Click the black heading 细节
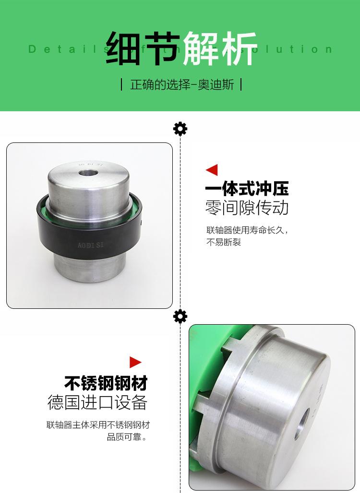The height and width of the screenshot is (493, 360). (x=143, y=49)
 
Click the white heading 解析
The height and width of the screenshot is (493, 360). (x=220, y=49)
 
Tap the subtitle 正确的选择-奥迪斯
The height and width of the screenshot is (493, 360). (x=182, y=85)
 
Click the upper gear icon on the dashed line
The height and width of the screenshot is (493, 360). (x=180, y=129)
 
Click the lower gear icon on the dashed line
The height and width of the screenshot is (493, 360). (x=180, y=317)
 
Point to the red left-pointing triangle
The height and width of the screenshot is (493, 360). (x=211, y=170)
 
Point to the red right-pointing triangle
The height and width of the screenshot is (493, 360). (x=136, y=362)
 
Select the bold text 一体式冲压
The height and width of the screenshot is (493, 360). (x=247, y=189)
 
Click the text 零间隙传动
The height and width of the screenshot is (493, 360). (x=247, y=208)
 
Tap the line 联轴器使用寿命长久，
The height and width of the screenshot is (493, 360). (x=248, y=230)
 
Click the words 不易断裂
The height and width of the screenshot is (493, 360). (x=223, y=242)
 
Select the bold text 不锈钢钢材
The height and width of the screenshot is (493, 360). (x=106, y=383)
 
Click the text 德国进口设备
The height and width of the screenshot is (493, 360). (x=97, y=403)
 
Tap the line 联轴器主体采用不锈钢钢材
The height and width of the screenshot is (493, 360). (x=98, y=425)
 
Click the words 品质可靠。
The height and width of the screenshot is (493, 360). (x=127, y=437)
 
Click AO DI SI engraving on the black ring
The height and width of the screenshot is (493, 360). (x=91, y=245)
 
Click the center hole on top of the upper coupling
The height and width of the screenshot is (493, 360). (x=89, y=171)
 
